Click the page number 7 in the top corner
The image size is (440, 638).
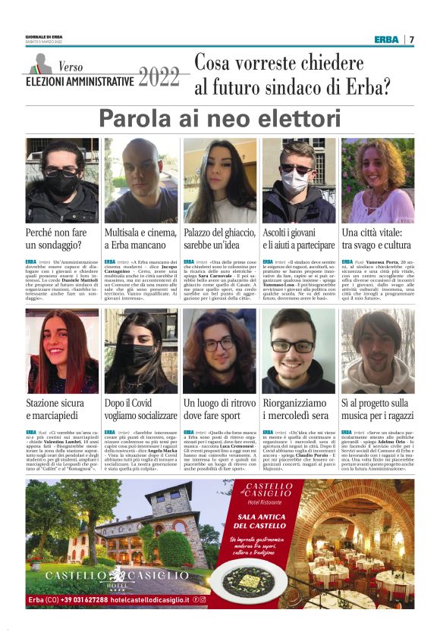411,39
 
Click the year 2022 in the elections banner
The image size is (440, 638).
160,78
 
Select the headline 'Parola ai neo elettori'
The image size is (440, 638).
219,119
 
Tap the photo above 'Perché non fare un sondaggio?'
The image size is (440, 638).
61,180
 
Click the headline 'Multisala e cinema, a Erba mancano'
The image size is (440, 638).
140,239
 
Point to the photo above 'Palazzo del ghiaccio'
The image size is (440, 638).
219,180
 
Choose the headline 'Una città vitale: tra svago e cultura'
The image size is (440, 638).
377,239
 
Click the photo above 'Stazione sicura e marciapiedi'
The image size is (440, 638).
61,351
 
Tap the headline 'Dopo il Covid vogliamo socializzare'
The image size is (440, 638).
140,410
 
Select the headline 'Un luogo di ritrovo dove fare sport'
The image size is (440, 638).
219,410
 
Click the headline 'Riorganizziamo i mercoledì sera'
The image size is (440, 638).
298,410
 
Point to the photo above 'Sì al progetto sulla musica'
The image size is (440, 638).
377,351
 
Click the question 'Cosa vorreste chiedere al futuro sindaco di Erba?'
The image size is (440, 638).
292,76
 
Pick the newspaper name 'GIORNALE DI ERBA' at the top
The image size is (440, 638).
44,36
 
